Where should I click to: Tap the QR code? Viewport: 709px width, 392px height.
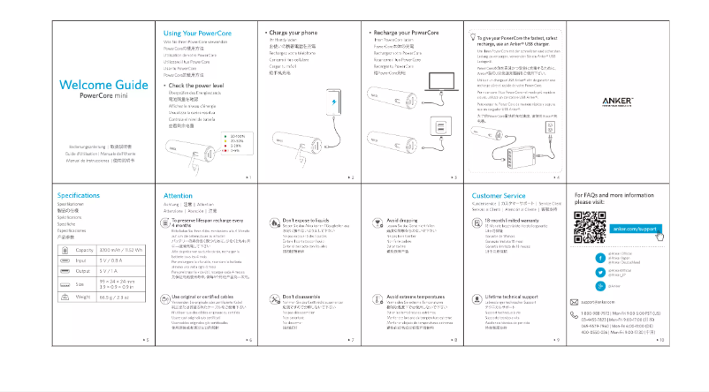click(x=590, y=230)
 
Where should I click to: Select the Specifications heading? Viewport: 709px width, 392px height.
click(x=79, y=195)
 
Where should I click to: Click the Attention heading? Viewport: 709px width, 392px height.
click(x=178, y=195)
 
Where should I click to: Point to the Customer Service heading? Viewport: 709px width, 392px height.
click(x=499, y=195)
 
